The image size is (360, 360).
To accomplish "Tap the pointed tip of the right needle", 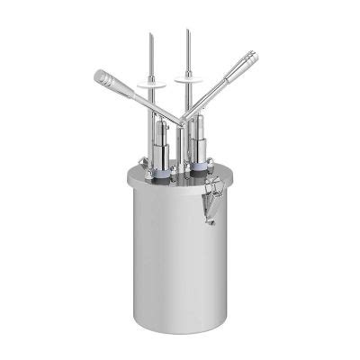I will pos(187,31).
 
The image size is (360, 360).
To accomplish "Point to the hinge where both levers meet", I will pos(182,121).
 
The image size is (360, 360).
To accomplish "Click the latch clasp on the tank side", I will pos(213,191).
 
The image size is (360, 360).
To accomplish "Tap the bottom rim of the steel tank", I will pos(180,326).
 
